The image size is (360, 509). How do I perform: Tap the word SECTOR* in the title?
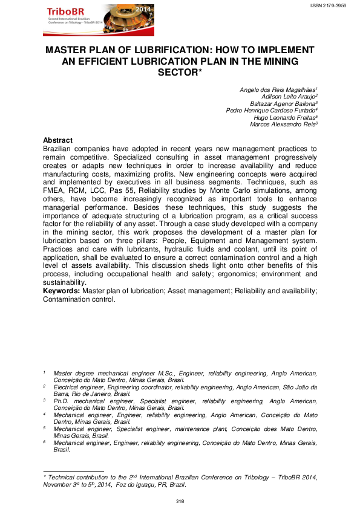coord(180,72)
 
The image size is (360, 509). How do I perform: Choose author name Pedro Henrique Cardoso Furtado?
coord(271,111)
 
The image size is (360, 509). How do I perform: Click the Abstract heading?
coord(58,140)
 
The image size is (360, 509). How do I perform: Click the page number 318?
coord(180,501)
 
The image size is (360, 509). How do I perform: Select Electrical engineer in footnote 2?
coord(76,386)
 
